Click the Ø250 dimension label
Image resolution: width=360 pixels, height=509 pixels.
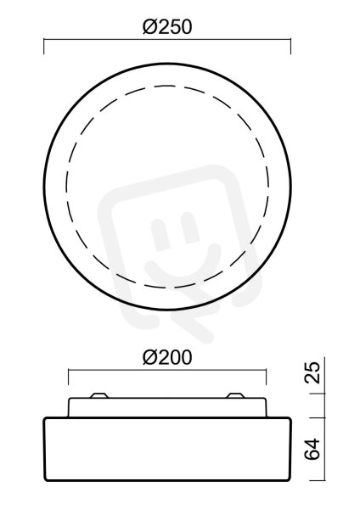(x=167, y=26)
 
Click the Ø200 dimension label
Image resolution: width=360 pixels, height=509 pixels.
(x=167, y=357)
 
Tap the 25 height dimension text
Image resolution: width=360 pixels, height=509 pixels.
(x=312, y=372)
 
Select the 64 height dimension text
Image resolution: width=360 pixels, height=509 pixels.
(x=312, y=449)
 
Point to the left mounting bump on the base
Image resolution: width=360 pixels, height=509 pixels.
(x=99, y=395)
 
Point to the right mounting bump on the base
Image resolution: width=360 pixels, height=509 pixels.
(x=235, y=395)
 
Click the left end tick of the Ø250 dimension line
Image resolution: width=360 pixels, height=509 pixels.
(x=44, y=47)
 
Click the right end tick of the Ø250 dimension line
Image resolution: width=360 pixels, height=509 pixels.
(x=290, y=47)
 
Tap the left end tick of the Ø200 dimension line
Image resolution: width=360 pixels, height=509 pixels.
(x=68, y=377)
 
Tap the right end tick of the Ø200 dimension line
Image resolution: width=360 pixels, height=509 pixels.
(x=266, y=377)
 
